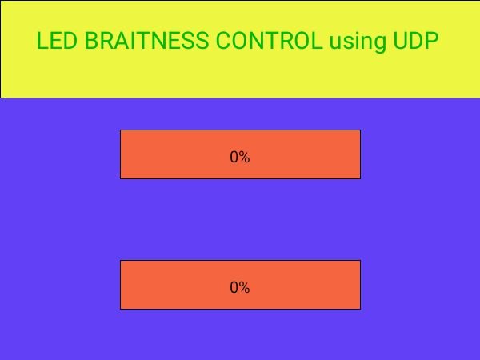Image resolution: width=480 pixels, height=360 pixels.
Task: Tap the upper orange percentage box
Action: pos(240,154)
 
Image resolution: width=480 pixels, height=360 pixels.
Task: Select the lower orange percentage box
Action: pos(240,284)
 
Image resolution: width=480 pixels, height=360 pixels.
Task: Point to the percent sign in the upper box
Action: pos(245,158)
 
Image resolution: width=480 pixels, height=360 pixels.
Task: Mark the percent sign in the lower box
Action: pos(245,288)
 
